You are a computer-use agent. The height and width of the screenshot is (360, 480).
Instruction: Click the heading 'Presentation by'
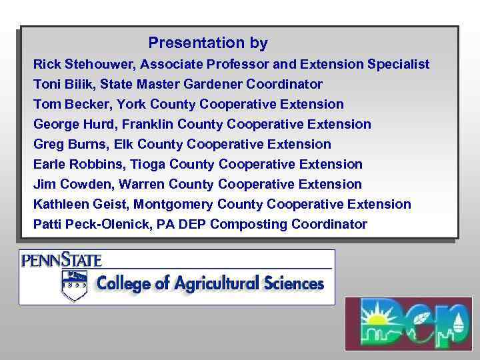coord(208,43)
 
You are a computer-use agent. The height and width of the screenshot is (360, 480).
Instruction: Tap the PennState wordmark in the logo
coord(61,259)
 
